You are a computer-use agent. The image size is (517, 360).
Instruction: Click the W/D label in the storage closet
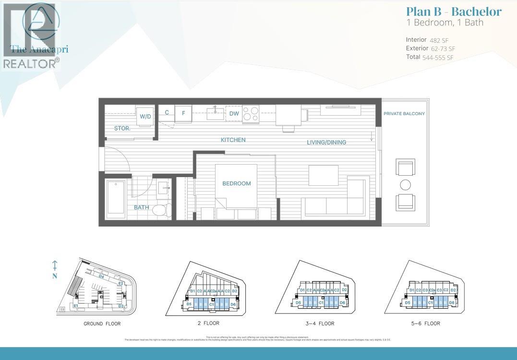coord(145,117)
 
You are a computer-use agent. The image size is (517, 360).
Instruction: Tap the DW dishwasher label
coord(234,114)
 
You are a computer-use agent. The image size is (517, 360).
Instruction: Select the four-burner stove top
coord(251,114)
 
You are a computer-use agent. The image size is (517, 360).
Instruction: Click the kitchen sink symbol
coord(216,113)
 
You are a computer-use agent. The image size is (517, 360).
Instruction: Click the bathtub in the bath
coord(116,197)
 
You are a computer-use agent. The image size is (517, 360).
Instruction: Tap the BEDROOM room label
coord(236,183)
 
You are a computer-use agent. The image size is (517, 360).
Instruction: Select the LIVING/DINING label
coord(326,142)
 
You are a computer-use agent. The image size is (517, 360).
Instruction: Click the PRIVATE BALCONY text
coord(404,114)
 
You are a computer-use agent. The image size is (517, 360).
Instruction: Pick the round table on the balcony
coord(405,185)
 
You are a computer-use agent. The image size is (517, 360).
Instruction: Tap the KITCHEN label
coord(233,140)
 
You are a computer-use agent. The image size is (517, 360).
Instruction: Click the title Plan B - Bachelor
coord(454,12)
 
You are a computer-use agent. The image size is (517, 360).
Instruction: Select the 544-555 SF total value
coord(438,58)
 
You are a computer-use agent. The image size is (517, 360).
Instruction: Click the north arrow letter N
coord(55,276)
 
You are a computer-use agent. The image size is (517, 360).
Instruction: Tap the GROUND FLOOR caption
coord(102,324)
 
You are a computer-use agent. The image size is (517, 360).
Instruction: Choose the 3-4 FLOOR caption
coord(320,324)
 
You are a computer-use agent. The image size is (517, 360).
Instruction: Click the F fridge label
coord(183,114)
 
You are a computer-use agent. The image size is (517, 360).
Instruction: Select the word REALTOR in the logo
coord(29,63)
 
